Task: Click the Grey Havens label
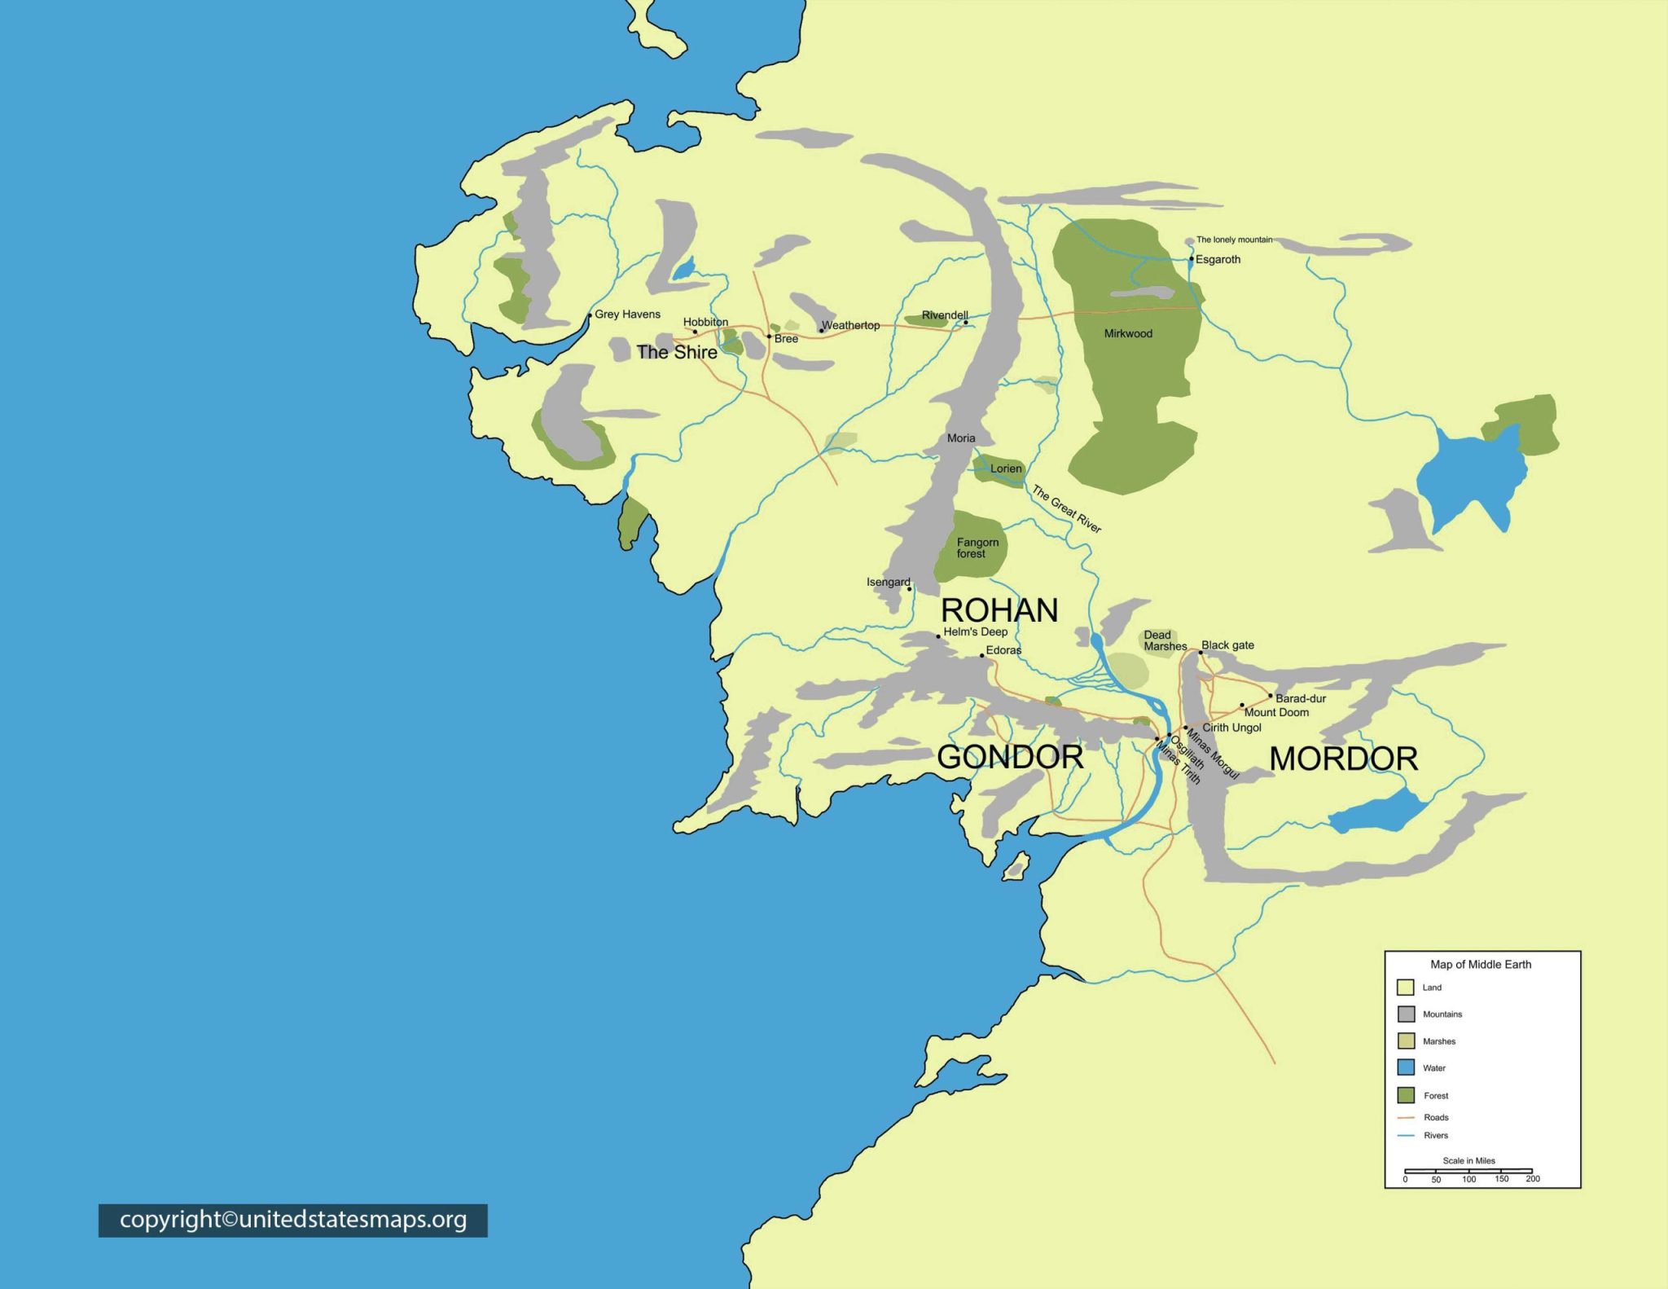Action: pyautogui.click(x=627, y=314)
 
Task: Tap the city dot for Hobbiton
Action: pyautogui.click(x=695, y=332)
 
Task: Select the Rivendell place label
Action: pyautogui.click(x=945, y=315)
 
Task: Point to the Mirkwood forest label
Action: pyautogui.click(x=1128, y=333)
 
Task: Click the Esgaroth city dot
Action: pyautogui.click(x=1192, y=259)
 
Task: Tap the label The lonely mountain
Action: pyautogui.click(x=1234, y=240)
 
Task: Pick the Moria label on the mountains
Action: pyautogui.click(x=961, y=438)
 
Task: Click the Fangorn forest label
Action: pyautogui.click(x=977, y=548)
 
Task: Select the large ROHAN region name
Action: pyautogui.click(x=999, y=610)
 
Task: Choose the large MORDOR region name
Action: pyautogui.click(x=1344, y=759)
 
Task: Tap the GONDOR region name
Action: pyautogui.click(x=1010, y=757)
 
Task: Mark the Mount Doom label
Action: pyautogui.click(x=1276, y=712)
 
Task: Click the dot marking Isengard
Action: pyautogui.click(x=910, y=589)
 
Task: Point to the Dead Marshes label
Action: pyautogui.click(x=1165, y=640)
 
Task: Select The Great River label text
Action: pyautogui.click(x=1067, y=509)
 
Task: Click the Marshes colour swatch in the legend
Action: pyautogui.click(x=1406, y=1040)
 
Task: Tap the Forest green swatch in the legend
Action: pyautogui.click(x=1406, y=1095)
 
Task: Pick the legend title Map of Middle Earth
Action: pyautogui.click(x=1481, y=964)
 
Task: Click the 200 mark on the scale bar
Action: pyautogui.click(x=1532, y=1178)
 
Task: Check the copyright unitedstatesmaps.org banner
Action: pyautogui.click(x=293, y=1220)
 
